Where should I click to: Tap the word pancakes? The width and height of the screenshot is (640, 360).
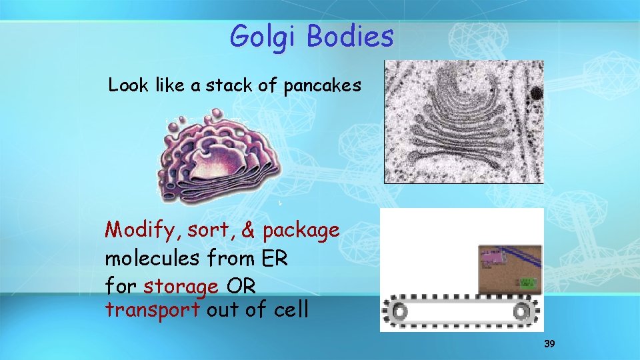tap(323, 86)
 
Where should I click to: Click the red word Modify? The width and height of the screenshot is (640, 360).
tap(143, 231)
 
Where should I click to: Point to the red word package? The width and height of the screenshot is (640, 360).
tap(301, 231)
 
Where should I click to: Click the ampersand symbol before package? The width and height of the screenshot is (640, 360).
tap(248, 230)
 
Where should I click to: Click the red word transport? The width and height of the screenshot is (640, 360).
tap(153, 310)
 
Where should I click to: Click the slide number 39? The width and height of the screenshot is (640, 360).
tap(549, 344)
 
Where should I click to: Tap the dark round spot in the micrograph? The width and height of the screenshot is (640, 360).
tap(535, 93)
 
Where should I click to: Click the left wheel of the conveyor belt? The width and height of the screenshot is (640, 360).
tap(399, 311)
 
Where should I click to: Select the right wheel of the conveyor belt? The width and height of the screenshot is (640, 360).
tap(524, 311)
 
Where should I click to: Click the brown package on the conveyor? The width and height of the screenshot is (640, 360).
tap(510, 269)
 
